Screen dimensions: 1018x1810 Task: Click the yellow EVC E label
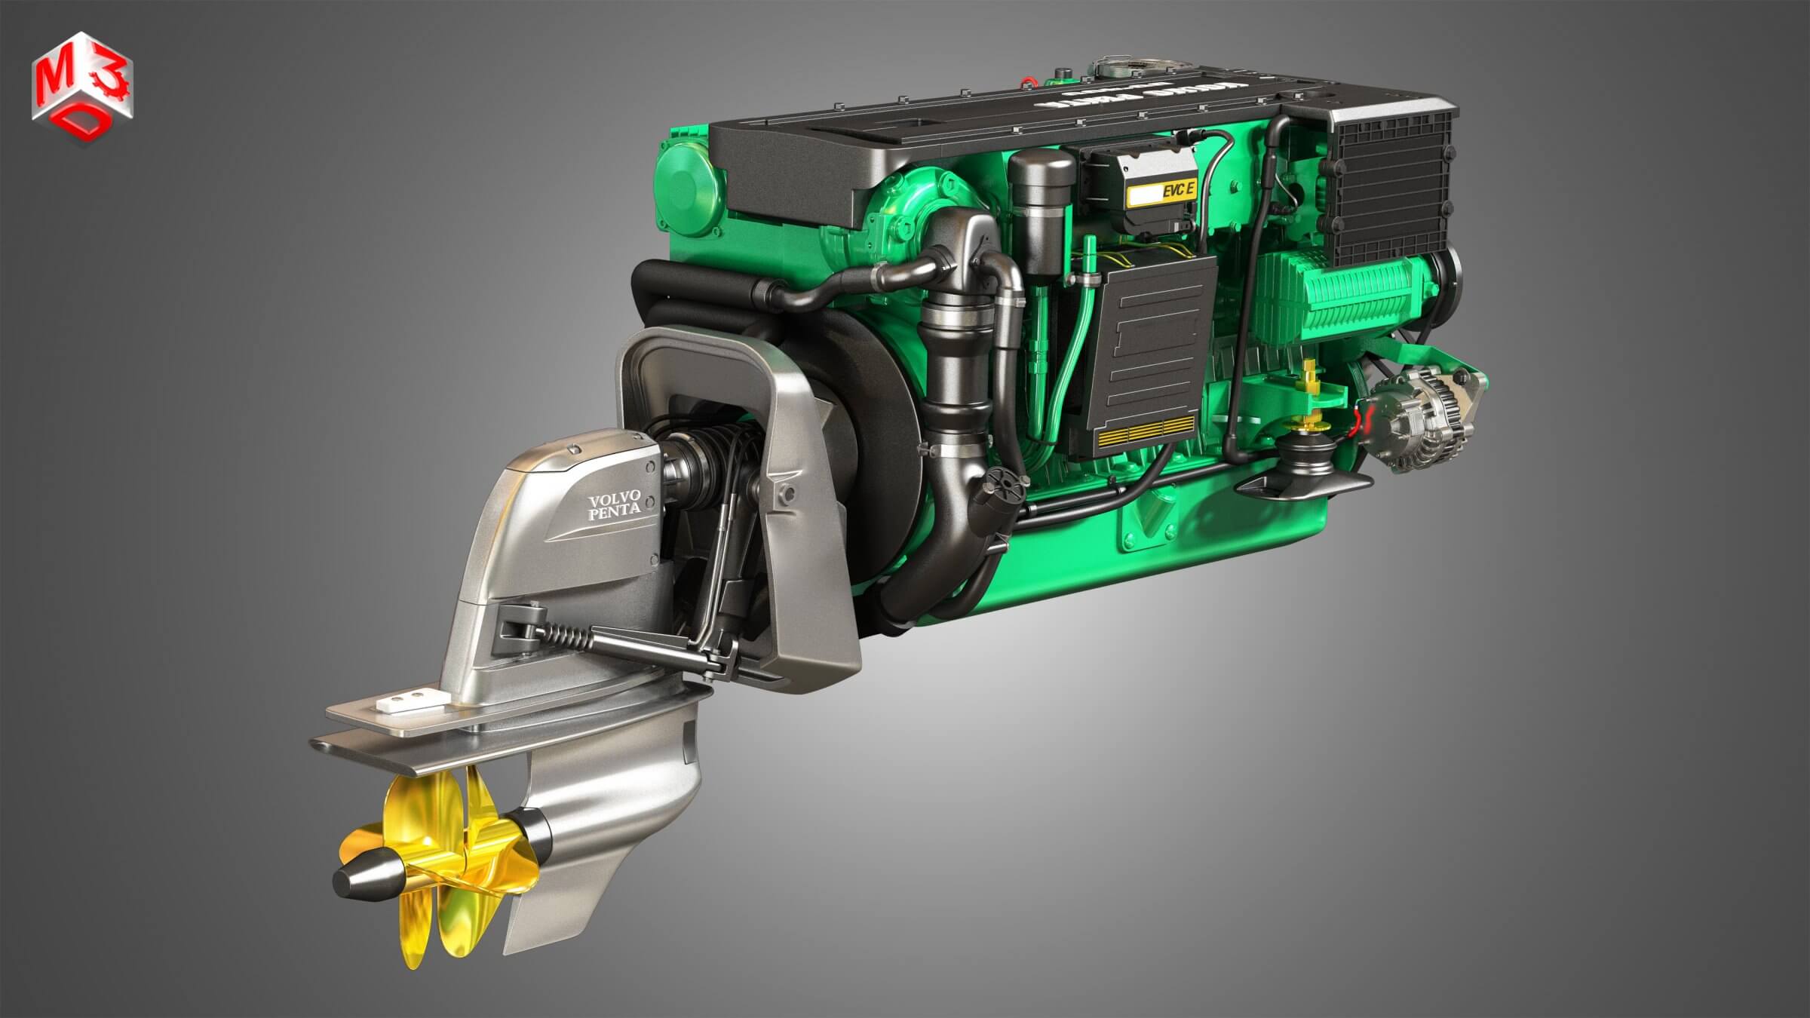pyautogui.click(x=1162, y=195)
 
